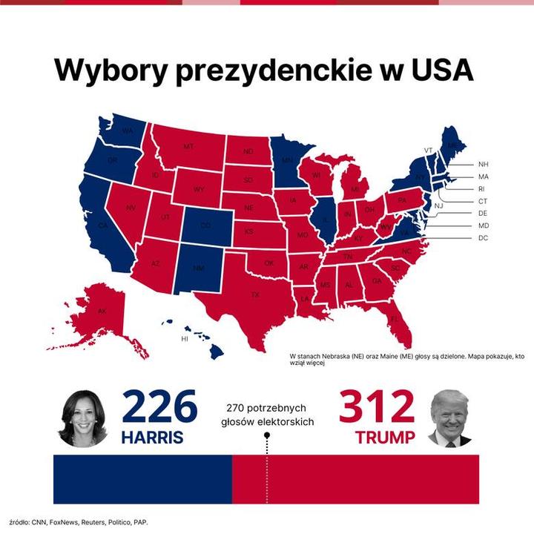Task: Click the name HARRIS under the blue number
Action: [152, 438]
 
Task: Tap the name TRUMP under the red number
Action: [385, 438]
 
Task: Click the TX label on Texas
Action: [255, 294]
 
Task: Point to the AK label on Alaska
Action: [102, 311]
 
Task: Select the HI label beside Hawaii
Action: [185, 339]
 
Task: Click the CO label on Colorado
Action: [205, 225]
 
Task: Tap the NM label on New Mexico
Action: [197, 268]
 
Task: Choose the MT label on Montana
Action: [188, 147]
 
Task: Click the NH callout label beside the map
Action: [484, 164]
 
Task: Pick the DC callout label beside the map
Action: [484, 238]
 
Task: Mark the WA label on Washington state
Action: [127, 131]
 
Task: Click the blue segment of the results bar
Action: [142, 479]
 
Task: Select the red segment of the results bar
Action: [356, 479]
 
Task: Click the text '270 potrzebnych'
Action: [266, 408]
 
